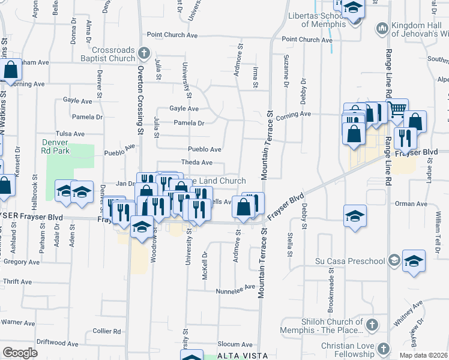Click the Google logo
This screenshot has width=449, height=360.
click(x=20, y=353)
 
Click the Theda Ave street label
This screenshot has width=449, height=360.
click(x=197, y=163)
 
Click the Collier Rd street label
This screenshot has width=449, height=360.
click(x=107, y=331)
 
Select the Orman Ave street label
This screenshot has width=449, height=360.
click(x=411, y=204)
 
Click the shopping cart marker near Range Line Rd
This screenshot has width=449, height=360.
click(x=397, y=110)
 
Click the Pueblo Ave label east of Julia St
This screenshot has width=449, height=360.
click(x=205, y=149)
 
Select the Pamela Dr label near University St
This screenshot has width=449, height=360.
click(x=188, y=123)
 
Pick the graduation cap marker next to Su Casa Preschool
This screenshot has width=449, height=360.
click(x=414, y=261)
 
